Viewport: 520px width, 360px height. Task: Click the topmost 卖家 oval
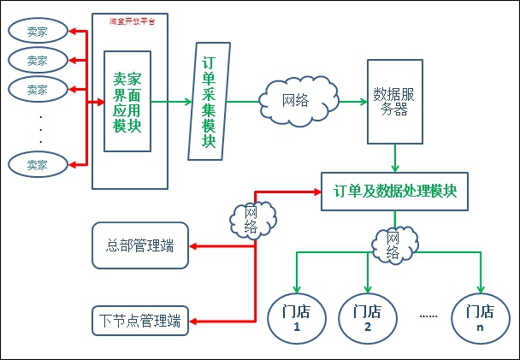click(37, 32)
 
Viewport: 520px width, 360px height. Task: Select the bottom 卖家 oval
click(37, 164)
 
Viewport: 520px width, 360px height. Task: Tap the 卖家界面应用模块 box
click(127, 101)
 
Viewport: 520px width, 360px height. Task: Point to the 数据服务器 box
click(394, 101)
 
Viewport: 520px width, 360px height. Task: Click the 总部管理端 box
click(139, 246)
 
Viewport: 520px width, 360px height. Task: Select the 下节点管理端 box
click(139, 322)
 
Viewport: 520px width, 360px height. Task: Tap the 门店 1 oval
click(296, 318)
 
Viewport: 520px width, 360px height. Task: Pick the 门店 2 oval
click(367, 318)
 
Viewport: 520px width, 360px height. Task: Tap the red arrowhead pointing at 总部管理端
click(194, 246)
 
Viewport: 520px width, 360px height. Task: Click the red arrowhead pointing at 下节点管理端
click(194, 322)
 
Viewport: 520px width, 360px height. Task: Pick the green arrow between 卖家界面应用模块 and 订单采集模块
click(172, 101)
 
